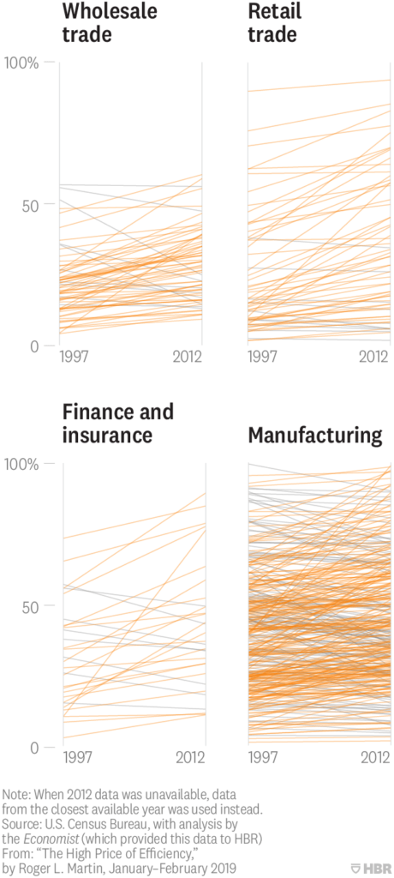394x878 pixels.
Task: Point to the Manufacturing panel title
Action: point(315,435)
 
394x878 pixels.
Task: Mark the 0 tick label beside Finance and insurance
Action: point(35,748)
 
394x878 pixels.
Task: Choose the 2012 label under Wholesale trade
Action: point(188,358)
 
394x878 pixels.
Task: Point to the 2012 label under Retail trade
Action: point(374,358)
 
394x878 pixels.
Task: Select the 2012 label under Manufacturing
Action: point(374,759)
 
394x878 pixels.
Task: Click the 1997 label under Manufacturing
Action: point(262,759)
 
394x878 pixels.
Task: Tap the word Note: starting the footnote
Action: point(17,796)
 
